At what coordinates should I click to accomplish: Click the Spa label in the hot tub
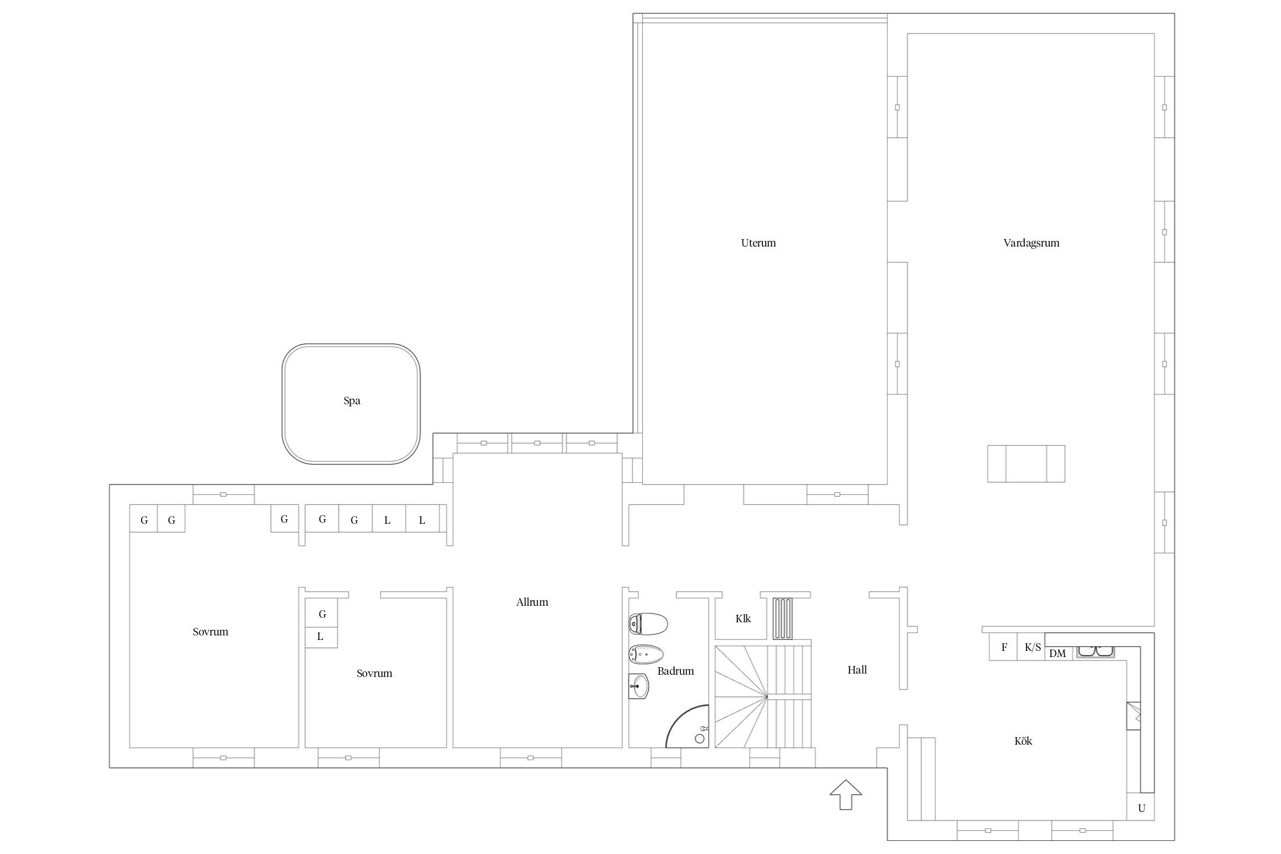pos(352,401)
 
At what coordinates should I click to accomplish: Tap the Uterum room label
pos(758,243)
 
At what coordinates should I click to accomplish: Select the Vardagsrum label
pos(1031,243)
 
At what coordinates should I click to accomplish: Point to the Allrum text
pos(532,602)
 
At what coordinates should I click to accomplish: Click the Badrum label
pos(676,671)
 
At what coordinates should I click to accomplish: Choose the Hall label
pos(857,670)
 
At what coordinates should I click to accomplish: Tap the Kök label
pos(1023,741)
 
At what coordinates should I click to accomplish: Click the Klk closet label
pos(743,618)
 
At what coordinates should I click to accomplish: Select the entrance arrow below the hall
pos(846,794)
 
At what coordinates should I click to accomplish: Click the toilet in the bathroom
pos(648,624)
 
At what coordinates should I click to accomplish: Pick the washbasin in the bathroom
pos(639,687)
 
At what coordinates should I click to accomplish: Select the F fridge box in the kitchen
pos(1004,647)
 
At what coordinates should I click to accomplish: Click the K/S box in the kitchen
pos(1032,647)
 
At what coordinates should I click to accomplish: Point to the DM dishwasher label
pos(1057,654)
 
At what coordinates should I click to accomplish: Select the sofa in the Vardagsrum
pos(1026,463)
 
